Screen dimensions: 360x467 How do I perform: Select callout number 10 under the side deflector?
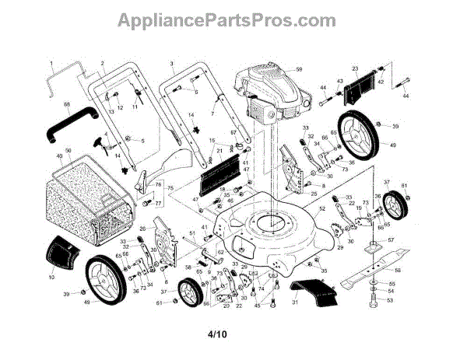coord(51,277)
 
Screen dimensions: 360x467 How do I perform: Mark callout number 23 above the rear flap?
coord(354,68)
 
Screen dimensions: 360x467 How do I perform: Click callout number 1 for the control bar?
coord(51,62)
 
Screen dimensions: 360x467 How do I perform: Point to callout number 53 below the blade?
coord(391,300)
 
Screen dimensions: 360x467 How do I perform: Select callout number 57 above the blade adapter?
coord(391,240)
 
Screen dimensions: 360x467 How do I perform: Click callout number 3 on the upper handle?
coord(170,62)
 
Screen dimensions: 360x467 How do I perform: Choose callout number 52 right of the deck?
coord(322,208)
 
